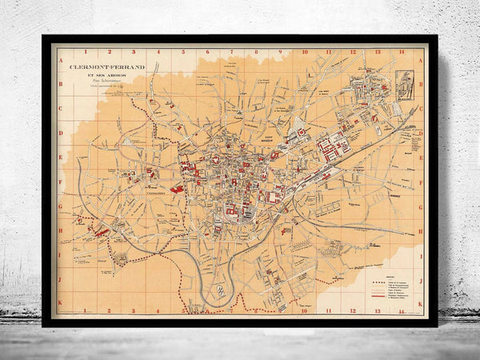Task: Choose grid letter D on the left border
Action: pos(60,134)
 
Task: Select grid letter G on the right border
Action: pos(421,206)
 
